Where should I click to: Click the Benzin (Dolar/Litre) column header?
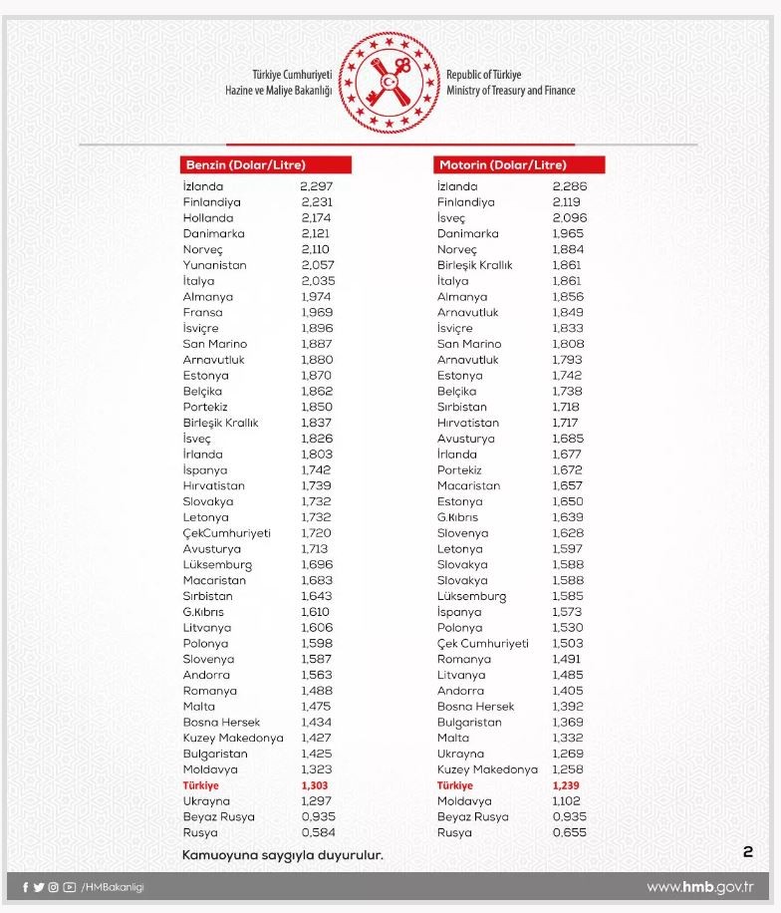point(245,164)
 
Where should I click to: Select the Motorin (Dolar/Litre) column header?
point(502,164)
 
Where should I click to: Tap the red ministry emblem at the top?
point(390,83)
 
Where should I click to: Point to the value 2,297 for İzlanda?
point(316,186)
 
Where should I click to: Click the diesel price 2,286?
point(570,186)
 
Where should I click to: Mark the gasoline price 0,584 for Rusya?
point(318,832)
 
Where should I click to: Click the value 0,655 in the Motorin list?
point(569,832)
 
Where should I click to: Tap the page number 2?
point(747,852)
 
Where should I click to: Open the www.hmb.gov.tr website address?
point(699,887)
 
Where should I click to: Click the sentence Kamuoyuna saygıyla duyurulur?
point(282,854)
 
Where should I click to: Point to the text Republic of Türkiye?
point(483,75)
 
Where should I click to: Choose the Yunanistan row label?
point(214,265)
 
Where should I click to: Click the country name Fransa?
point(202,312)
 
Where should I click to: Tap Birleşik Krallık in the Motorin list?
point(474,265)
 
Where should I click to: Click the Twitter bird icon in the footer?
point(39,887)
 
